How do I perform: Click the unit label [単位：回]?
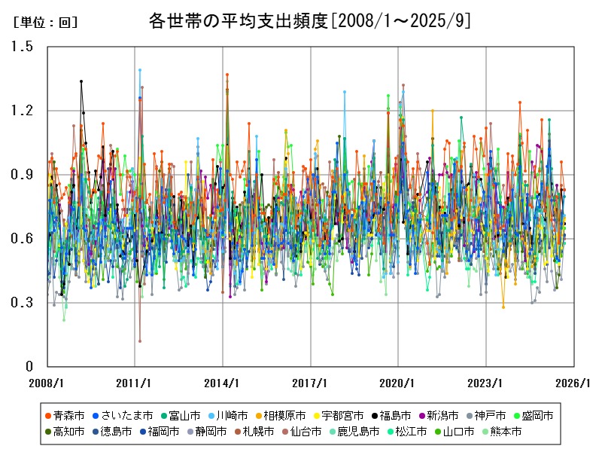coord(45,23)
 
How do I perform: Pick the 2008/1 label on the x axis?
coord(47,383)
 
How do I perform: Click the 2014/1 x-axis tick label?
coord(222,383)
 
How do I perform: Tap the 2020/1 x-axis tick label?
coord(398,383)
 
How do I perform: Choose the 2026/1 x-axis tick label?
coord(573,383)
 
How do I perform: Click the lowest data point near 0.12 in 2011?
coord(140,341)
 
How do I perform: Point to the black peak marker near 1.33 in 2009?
coord(81,81)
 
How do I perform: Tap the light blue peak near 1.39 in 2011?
coord(140,70)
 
